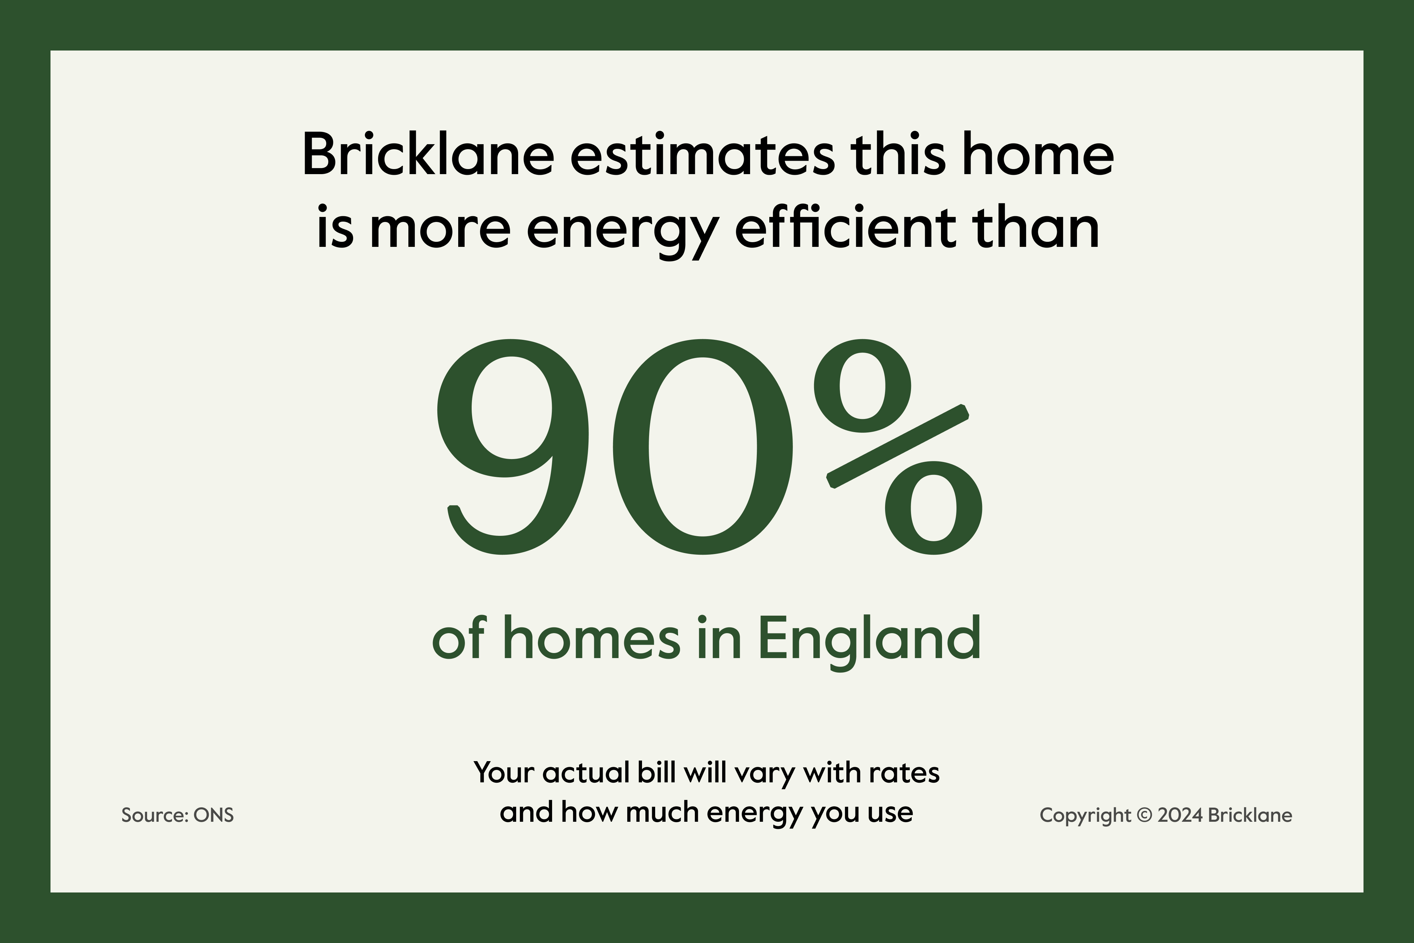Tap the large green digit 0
(703, 447)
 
